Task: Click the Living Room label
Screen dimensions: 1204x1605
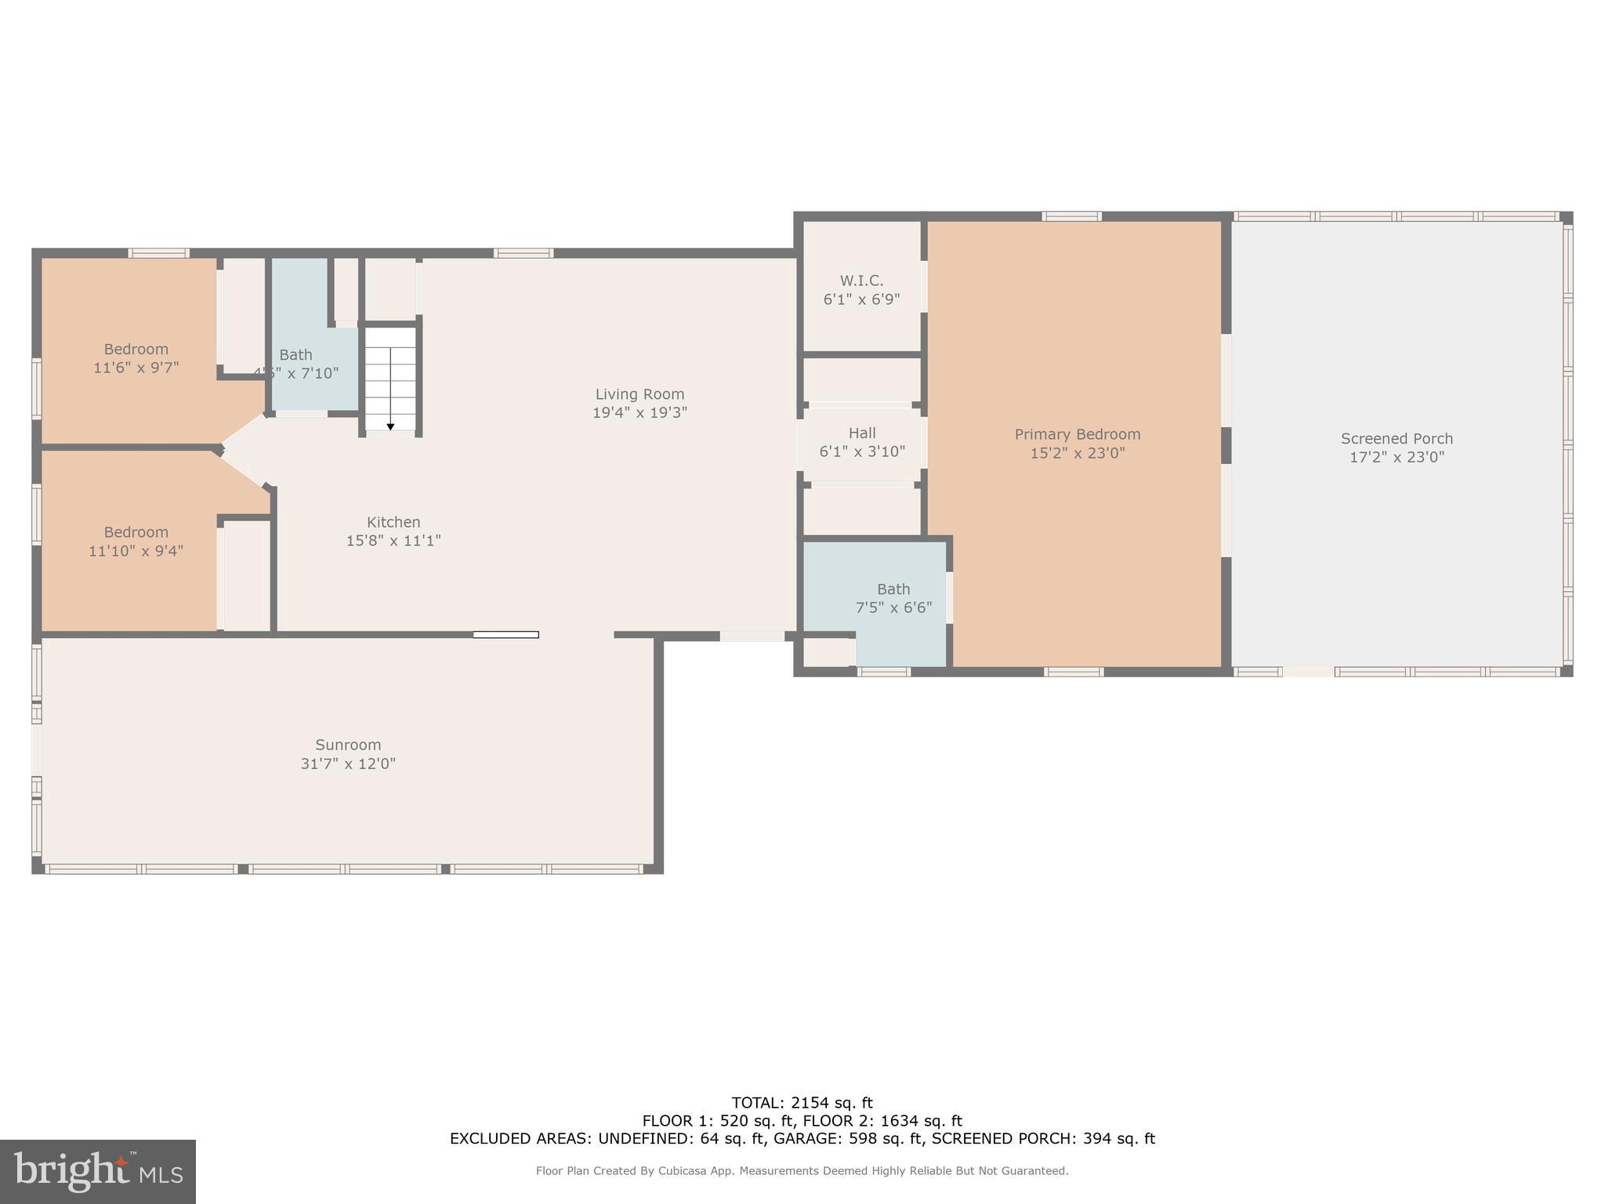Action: coord(639,394)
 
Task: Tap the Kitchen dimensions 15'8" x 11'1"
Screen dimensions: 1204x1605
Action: coord(393,541)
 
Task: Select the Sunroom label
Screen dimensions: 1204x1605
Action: coord(348,745)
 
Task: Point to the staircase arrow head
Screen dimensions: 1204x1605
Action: coord(390,426)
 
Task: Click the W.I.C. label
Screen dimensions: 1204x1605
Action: coord(861,281)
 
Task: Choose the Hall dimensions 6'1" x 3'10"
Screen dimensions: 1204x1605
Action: coord(862,452)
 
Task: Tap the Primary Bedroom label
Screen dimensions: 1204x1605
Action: coord(1077,434)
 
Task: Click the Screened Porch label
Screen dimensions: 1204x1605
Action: coord(1397,439)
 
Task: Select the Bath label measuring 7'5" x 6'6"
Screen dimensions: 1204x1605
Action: coord(893,589)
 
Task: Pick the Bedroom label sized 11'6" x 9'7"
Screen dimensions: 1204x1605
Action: coord(136,350)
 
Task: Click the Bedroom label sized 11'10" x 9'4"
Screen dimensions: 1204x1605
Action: coord(136,532)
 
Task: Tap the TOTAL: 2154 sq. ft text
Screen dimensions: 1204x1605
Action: coord(802,1104)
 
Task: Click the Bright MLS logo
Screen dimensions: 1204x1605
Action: coord(98,1171)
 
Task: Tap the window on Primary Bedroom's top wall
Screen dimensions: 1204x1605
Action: coord(1071,216)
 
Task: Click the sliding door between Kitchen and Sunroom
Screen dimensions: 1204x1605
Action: coord(505,634)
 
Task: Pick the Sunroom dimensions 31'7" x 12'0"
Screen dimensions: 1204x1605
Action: coord(348,764)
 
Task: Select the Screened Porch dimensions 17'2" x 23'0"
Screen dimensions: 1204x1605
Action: coord(1397,458)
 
